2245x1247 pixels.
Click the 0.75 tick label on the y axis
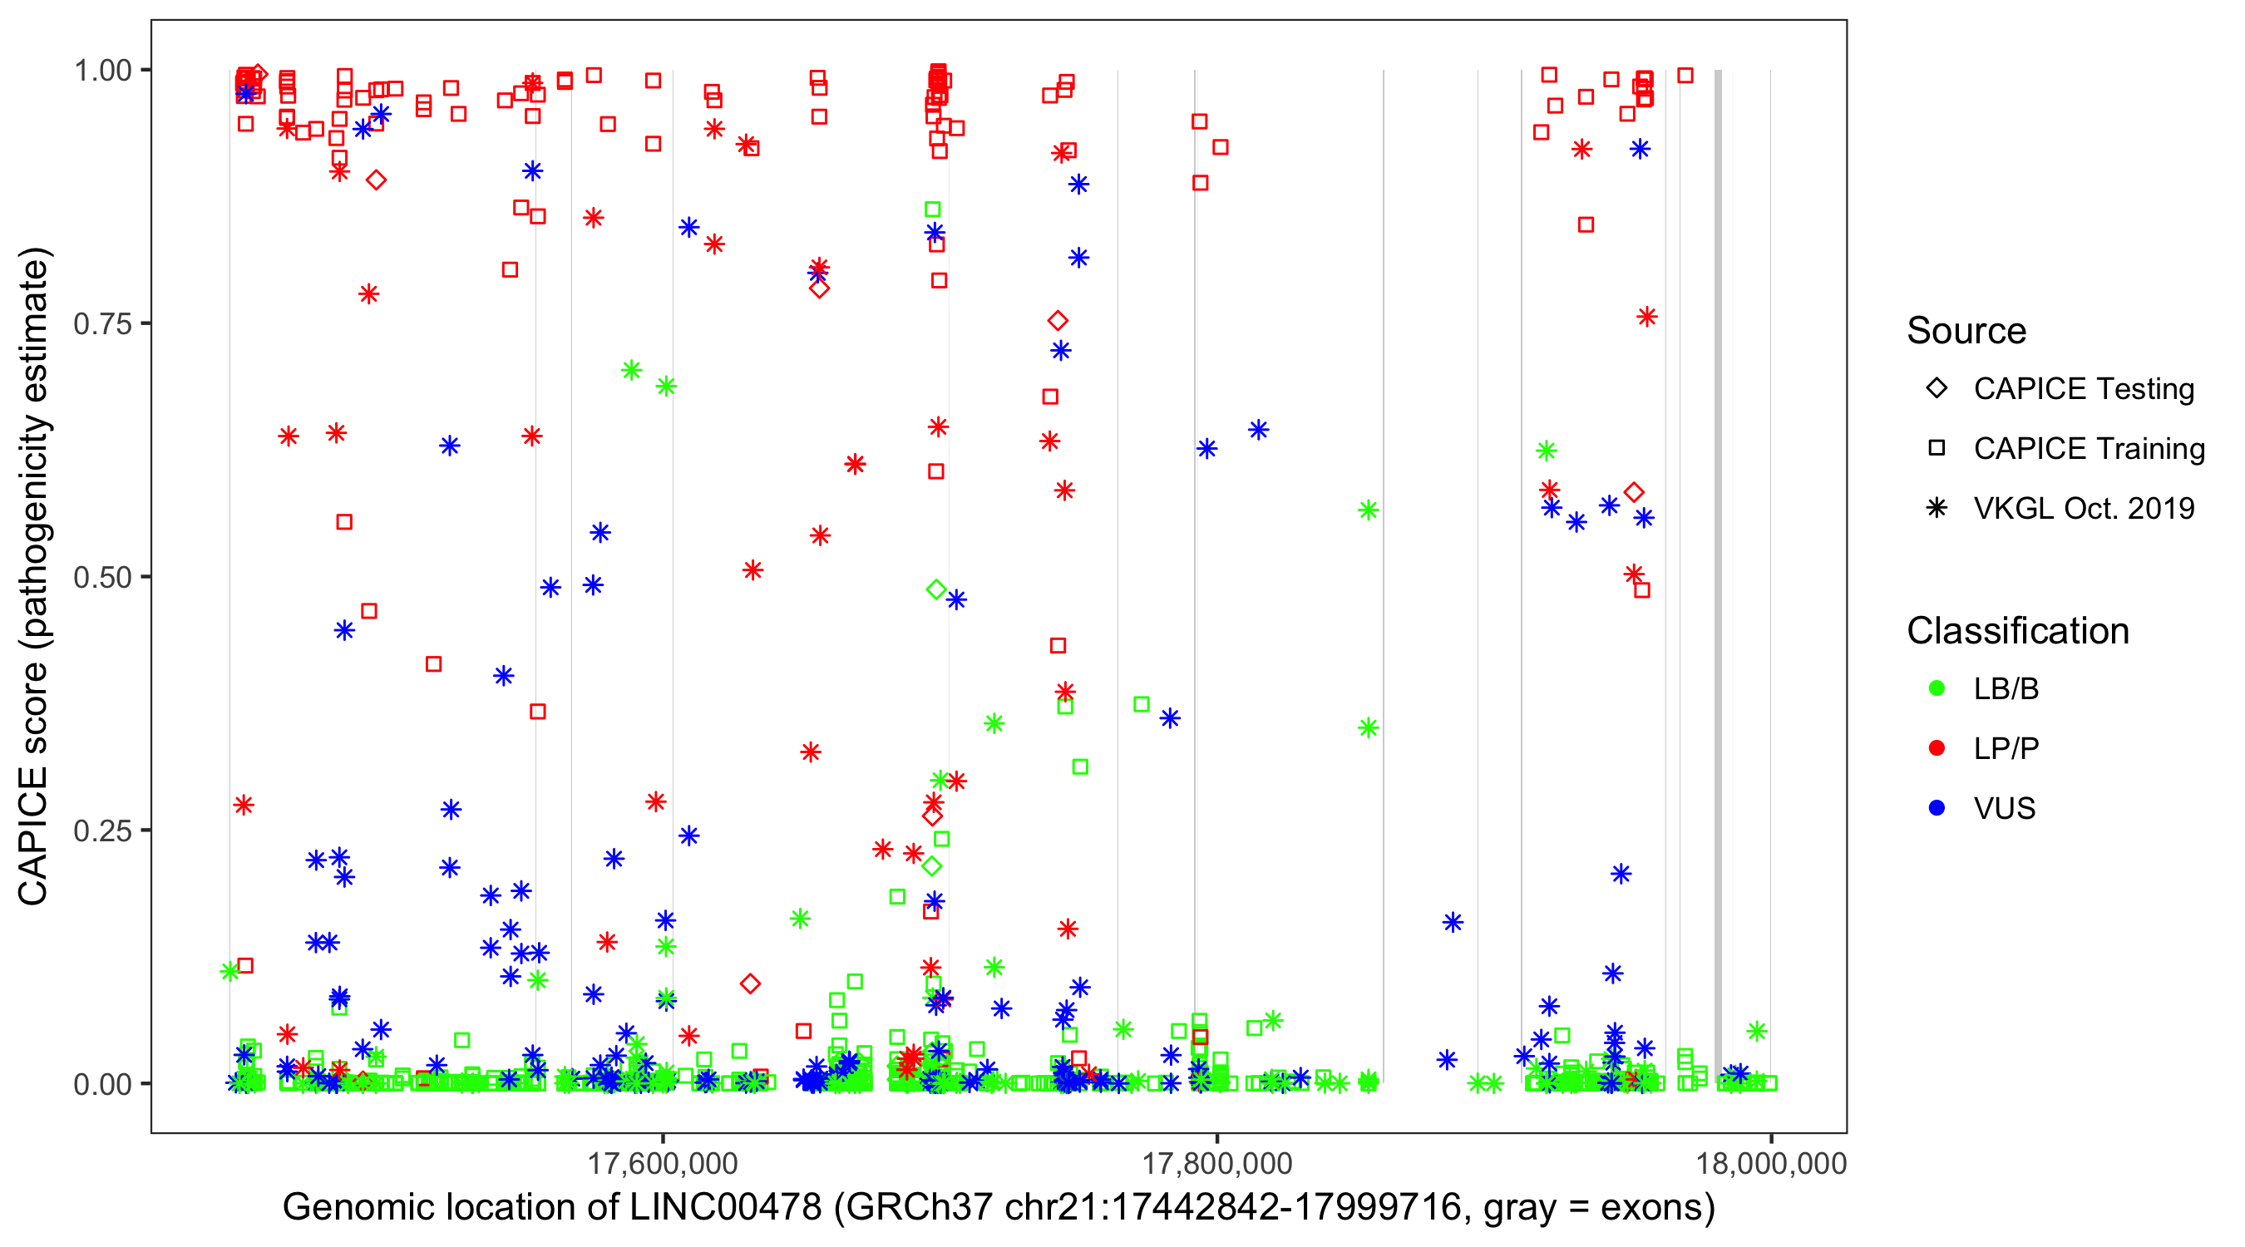pyautogui.click(x=102, y=324)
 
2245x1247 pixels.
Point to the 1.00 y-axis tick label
pyautogui.click(x=102, y=71)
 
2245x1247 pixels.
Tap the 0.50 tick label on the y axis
pyautogui.click(x=102, y=578)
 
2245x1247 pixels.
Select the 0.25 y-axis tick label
pyautogui.click(x=102, y=831)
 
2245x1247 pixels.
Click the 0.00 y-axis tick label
pyautogui.click(x=102, y=1084)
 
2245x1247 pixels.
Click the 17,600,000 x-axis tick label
pyautogui.click(x=663, y=1163)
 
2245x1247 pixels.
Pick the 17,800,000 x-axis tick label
pyautogui.click(x=1216, y=1163)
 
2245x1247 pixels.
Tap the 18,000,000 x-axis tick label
pyautogui.click(x=1771, y=1163)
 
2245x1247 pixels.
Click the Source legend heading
pyautogui.click(x=1966, y=331)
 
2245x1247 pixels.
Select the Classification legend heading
pyautogui.click(x=2017, y=631)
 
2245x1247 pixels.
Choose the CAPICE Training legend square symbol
pyautogui.click(x=1937, y=449)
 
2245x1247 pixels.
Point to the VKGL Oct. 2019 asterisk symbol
pyautogui.click(x=1937, y=508)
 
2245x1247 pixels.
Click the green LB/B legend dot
pyautogui.click(x=1937, y=688)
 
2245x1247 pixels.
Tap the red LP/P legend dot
pyautogui.click(x=1937, y=748)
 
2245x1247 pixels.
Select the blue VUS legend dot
pyautogui.click(x=1937, y=808)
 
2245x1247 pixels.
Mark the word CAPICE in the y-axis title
pyautogui.click(x=33, y=835)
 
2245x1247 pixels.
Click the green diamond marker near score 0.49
pyautogui.click(x=936, y=590)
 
